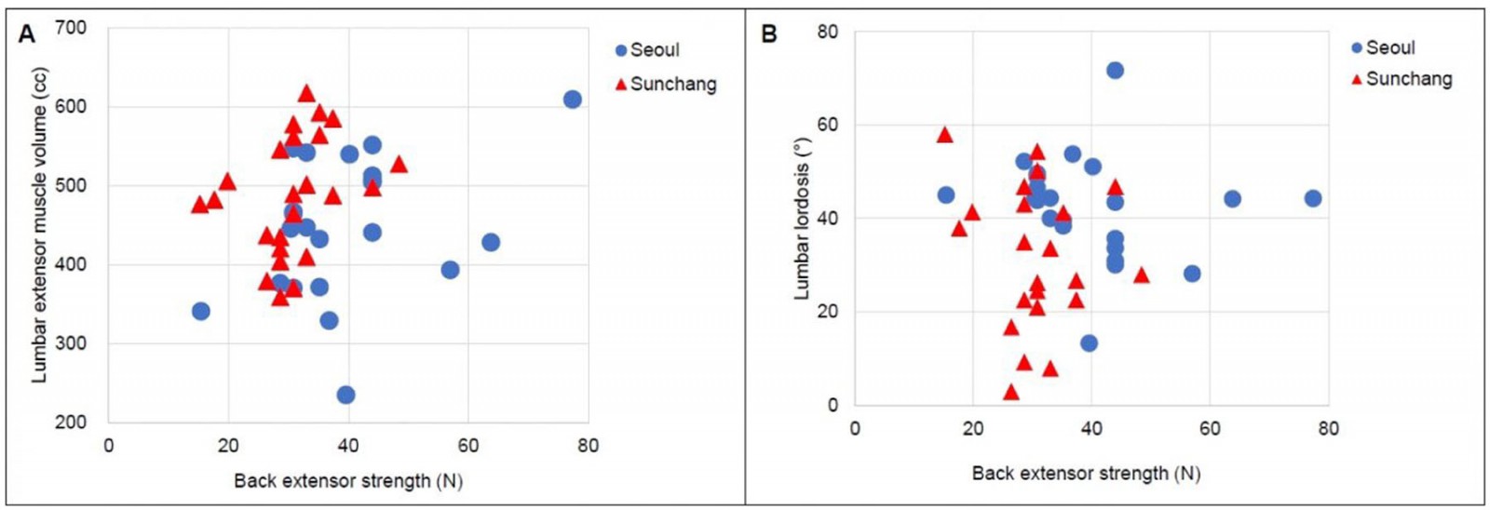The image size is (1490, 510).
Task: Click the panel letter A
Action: pyautogui.click(x=27, y=34)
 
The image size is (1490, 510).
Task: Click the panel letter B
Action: pyautogui.click(x=769, y=34)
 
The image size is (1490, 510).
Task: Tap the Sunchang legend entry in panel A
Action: pyautogui.click(x=666, y=85)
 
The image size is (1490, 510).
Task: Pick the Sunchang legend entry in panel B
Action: pyautogui.click(x=1402, y=79)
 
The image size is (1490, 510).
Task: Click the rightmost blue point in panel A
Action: pyautogui.click(x=573, y=100)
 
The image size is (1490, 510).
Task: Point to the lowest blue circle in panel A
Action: pyautogui.click(x=345, y=395)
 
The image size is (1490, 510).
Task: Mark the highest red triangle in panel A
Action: pyautogui.click(x=306, y=93)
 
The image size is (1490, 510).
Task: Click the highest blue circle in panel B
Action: pyautogui.click(x=1115, y=71)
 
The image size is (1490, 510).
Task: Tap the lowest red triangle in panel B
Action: pyautogui.click(x=1011, y=392)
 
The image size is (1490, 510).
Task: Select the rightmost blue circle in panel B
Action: pyautogui.click(x=1313, y=198)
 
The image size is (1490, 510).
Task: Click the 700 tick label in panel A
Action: pyautogui.click(x=71, y=28)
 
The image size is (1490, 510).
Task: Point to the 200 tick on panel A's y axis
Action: pyautogui.click(x=71, y=422)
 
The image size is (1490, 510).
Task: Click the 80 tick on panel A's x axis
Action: pyautogui.click(x=588, y=446)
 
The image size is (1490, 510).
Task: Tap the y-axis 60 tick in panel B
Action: pyautogui.click(x=827, y=125)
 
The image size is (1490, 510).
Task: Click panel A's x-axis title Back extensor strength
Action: pyautogui.click(x=347, y=481)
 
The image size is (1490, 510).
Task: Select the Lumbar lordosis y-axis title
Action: pyautogui.click(x=802, y=219)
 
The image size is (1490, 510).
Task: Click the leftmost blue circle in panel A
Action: pyautogui.click(x=201, y=311)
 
